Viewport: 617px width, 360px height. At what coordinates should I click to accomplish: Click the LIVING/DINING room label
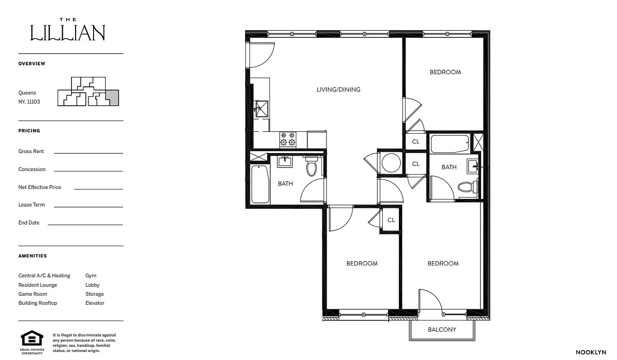[338, 90]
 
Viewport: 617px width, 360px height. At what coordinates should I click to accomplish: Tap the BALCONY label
[442, 329]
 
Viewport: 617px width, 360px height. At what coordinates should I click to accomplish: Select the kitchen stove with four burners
[288, 139]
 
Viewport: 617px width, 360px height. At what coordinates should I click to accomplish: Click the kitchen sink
[261, 108]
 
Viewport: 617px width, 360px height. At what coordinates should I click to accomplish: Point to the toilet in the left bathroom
[311, 167]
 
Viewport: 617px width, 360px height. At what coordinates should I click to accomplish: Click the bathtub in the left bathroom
[259, 184]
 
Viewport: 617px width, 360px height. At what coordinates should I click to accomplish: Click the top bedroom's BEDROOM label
[445, 72]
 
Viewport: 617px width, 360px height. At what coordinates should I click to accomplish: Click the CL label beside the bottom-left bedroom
[391, 220]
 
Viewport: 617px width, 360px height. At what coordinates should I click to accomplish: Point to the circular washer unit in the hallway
[390, 162]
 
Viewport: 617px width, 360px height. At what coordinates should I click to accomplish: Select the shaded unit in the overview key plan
[112, 98]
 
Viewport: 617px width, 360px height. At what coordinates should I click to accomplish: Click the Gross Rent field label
[31, 152]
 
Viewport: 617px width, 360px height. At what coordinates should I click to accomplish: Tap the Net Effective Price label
[40, 187]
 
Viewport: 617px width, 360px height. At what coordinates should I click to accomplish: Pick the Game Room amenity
[33, 294]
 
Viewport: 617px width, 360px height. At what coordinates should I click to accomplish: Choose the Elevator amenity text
[95, 303]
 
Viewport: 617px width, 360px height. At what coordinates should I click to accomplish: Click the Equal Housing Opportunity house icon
[32, 338]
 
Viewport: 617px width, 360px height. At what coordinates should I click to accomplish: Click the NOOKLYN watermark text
[590, 352]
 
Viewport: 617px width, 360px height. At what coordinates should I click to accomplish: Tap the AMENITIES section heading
[32, 256]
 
